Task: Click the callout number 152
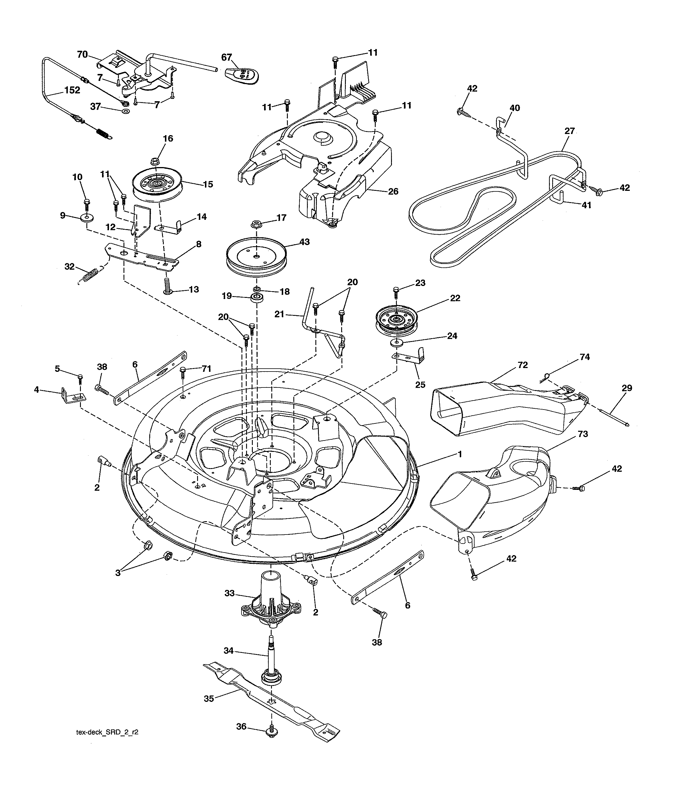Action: pos(72,90)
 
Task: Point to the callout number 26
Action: pos(393,191)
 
